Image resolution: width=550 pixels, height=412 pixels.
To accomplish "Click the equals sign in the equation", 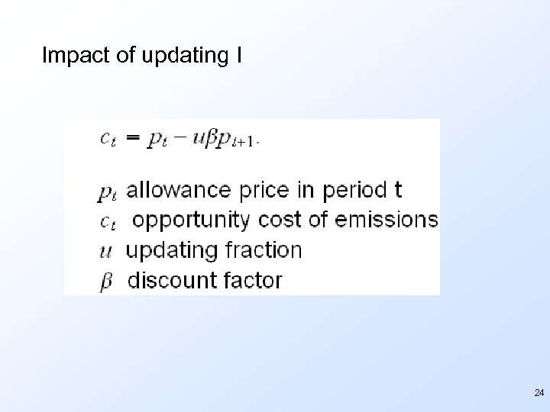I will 133,138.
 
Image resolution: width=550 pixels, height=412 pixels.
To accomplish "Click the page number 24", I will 539,393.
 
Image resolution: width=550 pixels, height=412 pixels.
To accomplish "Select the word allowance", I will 175,189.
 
